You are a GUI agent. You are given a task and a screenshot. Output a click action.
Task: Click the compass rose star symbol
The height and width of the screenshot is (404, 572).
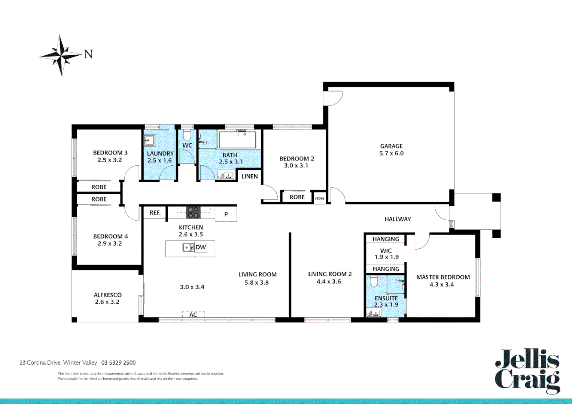61,55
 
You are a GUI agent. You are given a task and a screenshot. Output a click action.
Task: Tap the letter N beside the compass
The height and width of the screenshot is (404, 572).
88,55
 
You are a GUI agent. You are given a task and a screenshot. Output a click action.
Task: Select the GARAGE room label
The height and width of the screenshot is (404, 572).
391,146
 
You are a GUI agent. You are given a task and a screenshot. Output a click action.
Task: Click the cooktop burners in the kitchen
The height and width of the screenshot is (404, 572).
193,212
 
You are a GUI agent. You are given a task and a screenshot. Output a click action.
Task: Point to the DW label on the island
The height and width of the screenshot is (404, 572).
201,247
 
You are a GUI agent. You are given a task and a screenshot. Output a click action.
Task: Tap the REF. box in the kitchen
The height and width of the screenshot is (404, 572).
155,213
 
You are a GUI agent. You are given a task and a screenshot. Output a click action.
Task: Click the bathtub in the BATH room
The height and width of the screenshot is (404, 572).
237,140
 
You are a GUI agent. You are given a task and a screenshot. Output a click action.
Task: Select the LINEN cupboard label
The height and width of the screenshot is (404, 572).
249,177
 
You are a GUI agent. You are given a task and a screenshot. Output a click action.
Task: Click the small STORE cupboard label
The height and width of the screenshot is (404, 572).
319,199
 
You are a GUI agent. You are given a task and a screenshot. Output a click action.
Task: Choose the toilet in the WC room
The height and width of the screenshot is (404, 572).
187,135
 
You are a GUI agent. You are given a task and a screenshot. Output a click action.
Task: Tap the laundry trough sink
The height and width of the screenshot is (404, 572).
149,141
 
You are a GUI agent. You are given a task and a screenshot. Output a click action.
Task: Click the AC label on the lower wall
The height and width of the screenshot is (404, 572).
193,315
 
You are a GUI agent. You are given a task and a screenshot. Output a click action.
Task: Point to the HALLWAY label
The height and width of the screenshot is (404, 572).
398,219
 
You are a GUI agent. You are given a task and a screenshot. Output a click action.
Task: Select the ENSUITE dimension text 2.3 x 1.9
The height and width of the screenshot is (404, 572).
386,305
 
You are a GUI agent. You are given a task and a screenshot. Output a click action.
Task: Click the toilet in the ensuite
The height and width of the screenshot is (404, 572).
374,281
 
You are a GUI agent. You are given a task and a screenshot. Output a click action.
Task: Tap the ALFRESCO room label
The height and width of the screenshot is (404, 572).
107,295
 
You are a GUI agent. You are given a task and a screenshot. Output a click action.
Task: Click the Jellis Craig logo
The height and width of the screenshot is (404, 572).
527,371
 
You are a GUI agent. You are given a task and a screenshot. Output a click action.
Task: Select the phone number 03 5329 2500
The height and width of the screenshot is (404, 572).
118,362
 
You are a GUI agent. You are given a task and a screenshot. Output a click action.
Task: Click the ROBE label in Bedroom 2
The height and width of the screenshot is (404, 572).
297,197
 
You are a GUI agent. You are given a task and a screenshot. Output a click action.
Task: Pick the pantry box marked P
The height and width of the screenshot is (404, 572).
226,214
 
